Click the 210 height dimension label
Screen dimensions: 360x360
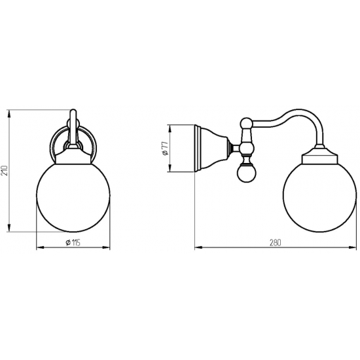tap(5, 170)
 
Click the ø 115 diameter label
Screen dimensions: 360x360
tap(73, 242)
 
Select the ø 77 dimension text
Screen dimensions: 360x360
tap(165, 149)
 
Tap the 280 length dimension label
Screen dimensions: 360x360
tap(276, 243)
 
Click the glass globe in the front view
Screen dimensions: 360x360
tap(73, 196)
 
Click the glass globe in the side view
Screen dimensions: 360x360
tap(320, 194)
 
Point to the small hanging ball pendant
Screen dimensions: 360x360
tap(247, 173)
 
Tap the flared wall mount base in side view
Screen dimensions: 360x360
tap(211, 149)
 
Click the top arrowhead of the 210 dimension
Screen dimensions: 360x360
tap(9, 114)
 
